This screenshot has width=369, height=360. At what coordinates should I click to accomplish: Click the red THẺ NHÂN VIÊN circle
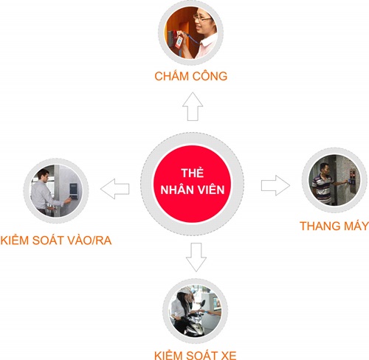pyautogui.click(x=192, y=184)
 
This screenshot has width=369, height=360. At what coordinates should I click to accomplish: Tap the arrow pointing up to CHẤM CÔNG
pyautogui.click(x=193, y=106)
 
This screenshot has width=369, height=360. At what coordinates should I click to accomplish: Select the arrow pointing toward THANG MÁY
pyautogui.click(x=275, y=185)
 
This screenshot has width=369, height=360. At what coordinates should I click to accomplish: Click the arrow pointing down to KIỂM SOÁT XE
pyautogui.click(x=196, y=257)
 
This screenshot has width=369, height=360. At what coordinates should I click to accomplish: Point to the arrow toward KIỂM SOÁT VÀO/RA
pyautogui.click(x=115, y=189)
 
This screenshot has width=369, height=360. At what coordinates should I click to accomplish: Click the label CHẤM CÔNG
pyautogui.click(x=191, y=75)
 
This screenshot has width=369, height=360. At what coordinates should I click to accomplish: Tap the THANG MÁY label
pyautogui.click(x=334, y=226)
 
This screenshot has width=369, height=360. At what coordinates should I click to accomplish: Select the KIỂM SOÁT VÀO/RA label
pyautogui.click(x=56, y=240)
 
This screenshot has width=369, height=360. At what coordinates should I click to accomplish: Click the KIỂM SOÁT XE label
pyautogui.click(x=196, y=355)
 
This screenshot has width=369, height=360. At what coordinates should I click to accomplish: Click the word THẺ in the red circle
pyautogui.click(x=193, y=173)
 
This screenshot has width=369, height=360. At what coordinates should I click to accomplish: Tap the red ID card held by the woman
pyautogui.click(x=179, y=42)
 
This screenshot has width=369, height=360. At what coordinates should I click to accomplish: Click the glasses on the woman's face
pyautogui.click(x=201, y=18)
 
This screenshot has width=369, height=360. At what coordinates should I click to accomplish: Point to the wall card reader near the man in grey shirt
pyautogui.click(x=74, y=191)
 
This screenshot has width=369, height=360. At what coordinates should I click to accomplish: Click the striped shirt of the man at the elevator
pyautogui.click(x=321, y=188)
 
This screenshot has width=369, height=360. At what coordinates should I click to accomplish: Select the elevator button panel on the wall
pyautogui.click(x=352, y=179)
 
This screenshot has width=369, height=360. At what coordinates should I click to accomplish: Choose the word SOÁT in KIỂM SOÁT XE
pyautogui.click(x=201, y=356)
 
